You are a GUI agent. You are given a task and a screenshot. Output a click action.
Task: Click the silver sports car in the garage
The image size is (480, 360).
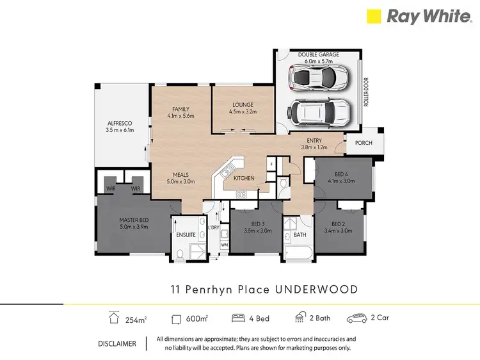(x=318, y=79)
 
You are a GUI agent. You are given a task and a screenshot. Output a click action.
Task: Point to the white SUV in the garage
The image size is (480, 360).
(x=318, y=113)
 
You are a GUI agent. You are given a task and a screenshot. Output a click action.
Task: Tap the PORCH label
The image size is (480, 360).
(x=363, y=143)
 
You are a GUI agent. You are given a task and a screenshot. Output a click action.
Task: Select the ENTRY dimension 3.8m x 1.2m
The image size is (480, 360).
(x=314, y=147)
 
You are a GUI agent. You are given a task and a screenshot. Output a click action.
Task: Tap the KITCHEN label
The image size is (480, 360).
(x=244, y=177)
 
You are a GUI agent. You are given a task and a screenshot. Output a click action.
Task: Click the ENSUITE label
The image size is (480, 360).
(x=186, y=235)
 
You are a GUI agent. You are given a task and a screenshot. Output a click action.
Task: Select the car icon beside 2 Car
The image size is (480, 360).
(x=356, y=318)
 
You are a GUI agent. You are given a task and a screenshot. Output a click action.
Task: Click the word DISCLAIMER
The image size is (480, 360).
(x=116, y=343)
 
